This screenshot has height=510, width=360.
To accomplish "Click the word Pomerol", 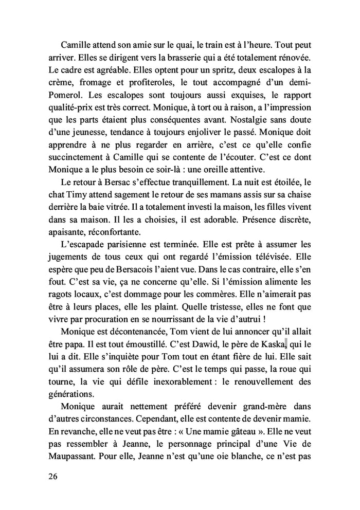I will pyautogui.click(x=66, y=95).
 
